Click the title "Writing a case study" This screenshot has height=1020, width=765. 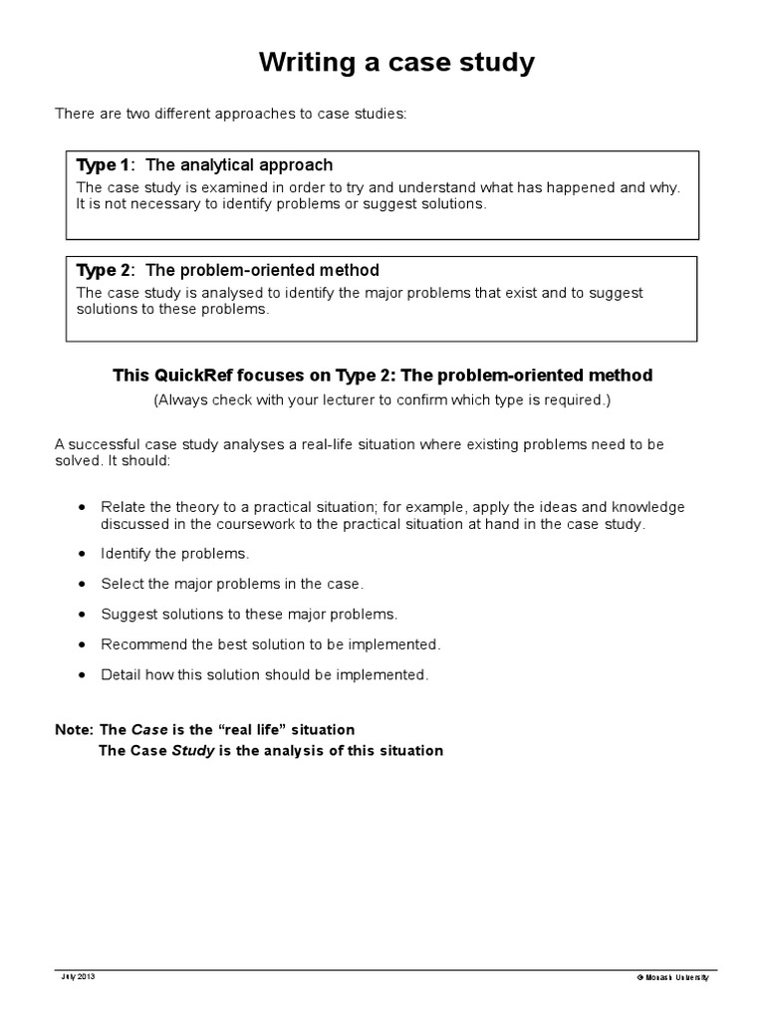coord(396,63)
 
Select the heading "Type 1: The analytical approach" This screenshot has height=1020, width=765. coord(204,165)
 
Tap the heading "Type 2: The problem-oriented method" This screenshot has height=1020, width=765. coord(227,270)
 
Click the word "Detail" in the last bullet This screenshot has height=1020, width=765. coord(121,674)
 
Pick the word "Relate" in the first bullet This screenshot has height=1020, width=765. coord(123,506)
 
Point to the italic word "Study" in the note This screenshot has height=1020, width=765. coord(193,750)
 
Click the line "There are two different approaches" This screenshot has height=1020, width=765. coord(230,114)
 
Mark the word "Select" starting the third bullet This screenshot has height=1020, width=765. coord(122,583)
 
